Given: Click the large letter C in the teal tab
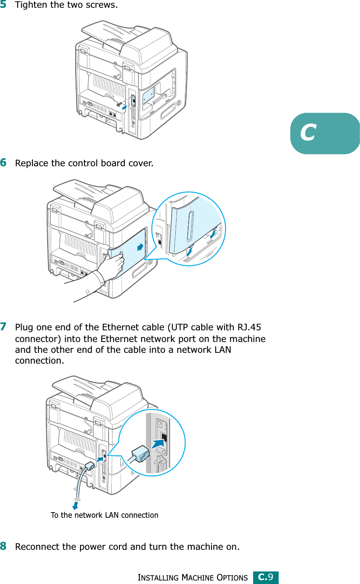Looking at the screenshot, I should [309, 133].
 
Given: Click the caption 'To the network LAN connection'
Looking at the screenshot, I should [104, 515].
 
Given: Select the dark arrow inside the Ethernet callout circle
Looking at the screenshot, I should [158, 442].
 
